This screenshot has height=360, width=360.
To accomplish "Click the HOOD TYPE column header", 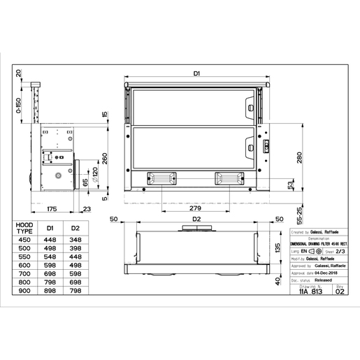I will (x=24, y=229).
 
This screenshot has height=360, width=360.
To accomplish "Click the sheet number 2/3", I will (x=340, y=250).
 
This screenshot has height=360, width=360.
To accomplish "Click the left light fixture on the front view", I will (x=159, y=178).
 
